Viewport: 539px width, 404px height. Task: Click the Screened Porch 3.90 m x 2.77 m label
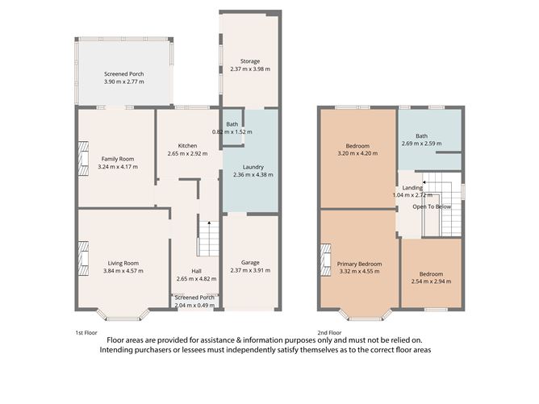tap(123, 78)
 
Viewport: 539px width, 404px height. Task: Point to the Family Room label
tap(117, 159)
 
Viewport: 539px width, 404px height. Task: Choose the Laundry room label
tap(249, 167)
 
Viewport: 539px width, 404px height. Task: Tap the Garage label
tap(249, 263)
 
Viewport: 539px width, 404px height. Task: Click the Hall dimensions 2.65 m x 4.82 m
tap(197, 279)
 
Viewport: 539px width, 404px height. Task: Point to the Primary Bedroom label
tap(359, 264)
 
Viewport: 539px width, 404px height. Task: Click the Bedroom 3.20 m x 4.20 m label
tap(357, 145)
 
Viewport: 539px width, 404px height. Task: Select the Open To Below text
tap(432, 207)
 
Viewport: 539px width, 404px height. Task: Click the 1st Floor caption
tap(86, 332)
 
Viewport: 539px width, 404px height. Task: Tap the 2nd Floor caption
tap(328, 332)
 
